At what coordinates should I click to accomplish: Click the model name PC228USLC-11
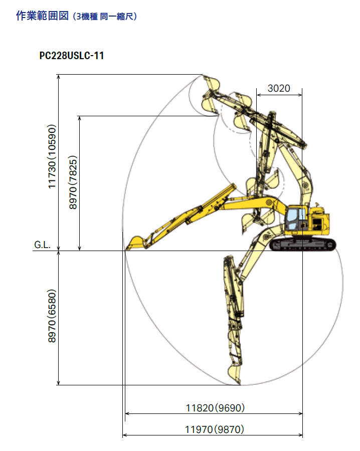[x=71, y=56]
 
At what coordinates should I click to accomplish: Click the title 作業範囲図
[x=42, y=16]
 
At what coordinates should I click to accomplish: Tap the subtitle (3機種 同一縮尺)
[x=105, y=17]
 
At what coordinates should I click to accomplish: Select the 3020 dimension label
[x=279, y=88]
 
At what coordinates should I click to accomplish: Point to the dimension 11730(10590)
[x=52, y=156]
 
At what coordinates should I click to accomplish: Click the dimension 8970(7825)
[x=73, y=182]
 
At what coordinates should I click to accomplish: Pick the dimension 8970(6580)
[x=52, y=316]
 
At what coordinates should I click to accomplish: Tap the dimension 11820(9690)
[x=215, y=408]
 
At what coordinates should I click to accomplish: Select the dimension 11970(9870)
[x=215, y=429]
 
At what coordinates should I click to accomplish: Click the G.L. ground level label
[x=42, y=245]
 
